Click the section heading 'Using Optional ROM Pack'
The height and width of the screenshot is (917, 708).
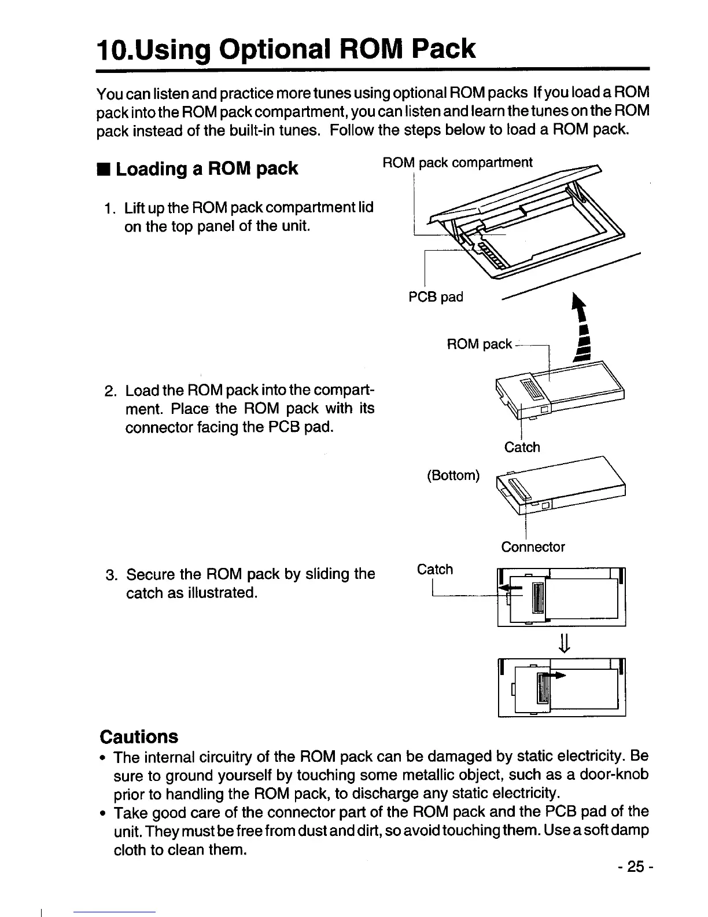286,49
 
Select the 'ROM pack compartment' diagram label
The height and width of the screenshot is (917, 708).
458,163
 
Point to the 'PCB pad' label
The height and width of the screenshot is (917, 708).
436,297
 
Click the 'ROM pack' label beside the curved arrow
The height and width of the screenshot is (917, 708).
479,344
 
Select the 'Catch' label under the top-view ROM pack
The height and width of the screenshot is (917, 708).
522,447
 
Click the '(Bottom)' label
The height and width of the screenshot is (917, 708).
453,475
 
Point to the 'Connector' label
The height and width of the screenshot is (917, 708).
533,546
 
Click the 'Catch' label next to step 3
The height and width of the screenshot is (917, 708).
435,569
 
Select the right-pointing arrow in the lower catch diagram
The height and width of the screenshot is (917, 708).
556,675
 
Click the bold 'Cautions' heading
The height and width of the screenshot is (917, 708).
139,736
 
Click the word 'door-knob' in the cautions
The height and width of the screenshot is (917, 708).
615,775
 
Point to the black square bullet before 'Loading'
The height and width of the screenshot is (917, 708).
103,169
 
